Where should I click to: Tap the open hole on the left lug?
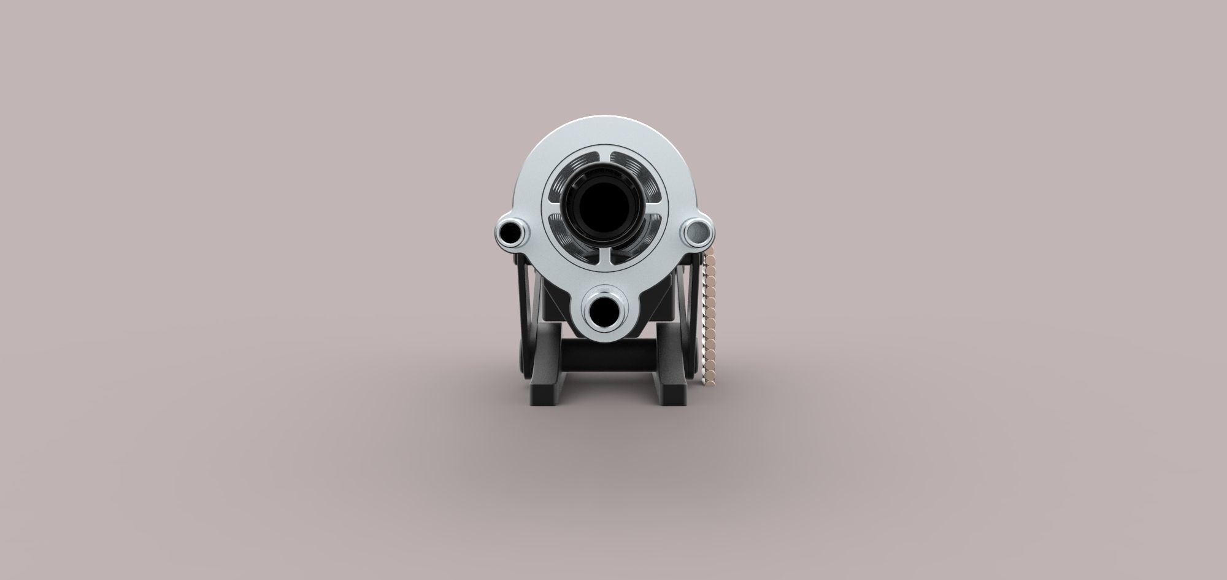510,231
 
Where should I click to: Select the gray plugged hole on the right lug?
697,231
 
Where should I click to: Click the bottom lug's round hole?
604,312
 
